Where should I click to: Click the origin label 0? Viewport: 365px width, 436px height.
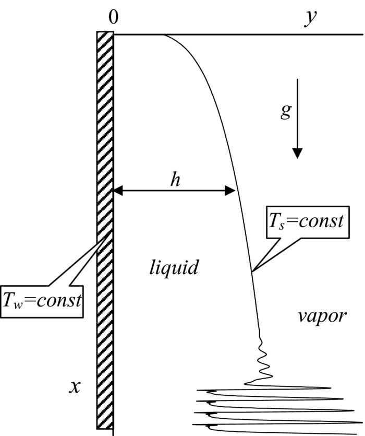113,17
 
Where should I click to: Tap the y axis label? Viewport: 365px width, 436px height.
311,18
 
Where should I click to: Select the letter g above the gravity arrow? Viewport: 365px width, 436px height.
286,111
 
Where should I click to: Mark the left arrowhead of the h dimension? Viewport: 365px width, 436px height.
118,191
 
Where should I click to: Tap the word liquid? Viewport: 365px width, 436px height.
172,268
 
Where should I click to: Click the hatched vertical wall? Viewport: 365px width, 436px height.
105,230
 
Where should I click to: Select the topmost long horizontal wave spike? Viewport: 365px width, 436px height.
266,388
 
